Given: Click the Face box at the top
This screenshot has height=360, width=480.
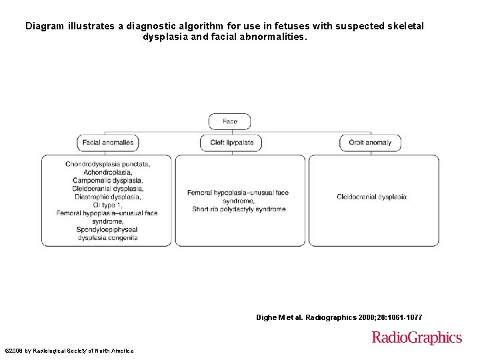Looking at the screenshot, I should (x=230, y=121).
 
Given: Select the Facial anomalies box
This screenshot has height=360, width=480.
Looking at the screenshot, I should (x=108, y=142).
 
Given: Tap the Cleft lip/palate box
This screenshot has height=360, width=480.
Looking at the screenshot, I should (x=231, y=142).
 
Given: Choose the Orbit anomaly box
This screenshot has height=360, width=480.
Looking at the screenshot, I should (x=370, y=142).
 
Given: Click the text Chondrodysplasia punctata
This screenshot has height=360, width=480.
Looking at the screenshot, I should (x=107, y=164).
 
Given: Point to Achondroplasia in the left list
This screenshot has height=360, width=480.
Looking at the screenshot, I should (x=107, y=172).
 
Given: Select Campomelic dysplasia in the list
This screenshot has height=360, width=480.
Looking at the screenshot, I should (x=107, y=180).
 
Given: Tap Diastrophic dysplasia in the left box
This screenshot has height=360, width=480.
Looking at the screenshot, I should (x=107, y=197).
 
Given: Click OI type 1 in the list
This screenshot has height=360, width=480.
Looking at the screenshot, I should (x=107, y=205).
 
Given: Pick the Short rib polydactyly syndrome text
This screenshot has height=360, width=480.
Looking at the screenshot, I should (x=239, y=209).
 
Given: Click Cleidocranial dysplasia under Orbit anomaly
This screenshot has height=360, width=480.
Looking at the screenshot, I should (x=371, y=197).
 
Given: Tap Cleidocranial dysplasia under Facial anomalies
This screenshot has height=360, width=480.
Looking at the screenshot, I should (x=107, y=189).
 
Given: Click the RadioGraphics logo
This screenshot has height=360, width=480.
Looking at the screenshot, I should (x=417, y=337).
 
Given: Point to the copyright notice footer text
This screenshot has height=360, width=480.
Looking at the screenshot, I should (x=69, y=351).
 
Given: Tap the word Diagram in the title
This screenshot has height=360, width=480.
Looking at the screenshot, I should (x=45, y=26).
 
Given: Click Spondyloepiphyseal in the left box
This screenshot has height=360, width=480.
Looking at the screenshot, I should (x=107, y=229).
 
